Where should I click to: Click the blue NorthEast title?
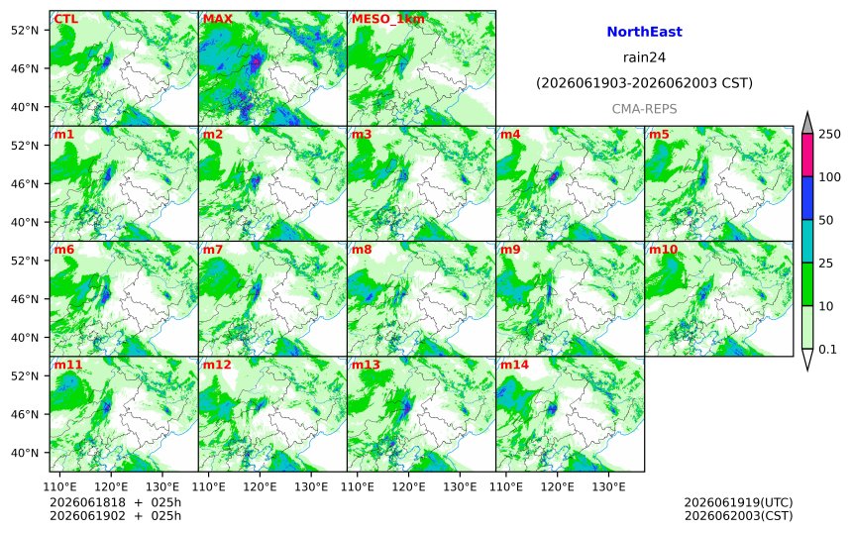coord(644,32)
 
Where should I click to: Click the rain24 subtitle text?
coord(644,57)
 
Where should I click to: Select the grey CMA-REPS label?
coord(644,109)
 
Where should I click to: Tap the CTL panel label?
coord(65,19)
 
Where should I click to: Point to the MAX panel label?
coord(217,19)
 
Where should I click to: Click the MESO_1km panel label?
coord(388,20)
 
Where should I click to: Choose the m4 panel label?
coord(509,135)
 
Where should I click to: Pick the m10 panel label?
coord(663,250)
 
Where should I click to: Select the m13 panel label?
coord(366,365)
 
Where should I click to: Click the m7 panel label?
coord(212,250)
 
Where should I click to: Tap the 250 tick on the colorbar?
coord(829,134)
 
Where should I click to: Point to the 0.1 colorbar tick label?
coord(827,350)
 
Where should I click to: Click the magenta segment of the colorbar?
coord(807,155)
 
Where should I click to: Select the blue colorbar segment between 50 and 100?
coord(807,198)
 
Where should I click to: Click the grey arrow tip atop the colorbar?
coord(807,113)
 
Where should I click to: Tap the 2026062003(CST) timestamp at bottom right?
coord(738,515)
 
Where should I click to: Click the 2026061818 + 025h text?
coord(115,502)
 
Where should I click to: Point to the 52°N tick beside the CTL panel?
coord(25,30)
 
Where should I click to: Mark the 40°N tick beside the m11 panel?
coord(25,453)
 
